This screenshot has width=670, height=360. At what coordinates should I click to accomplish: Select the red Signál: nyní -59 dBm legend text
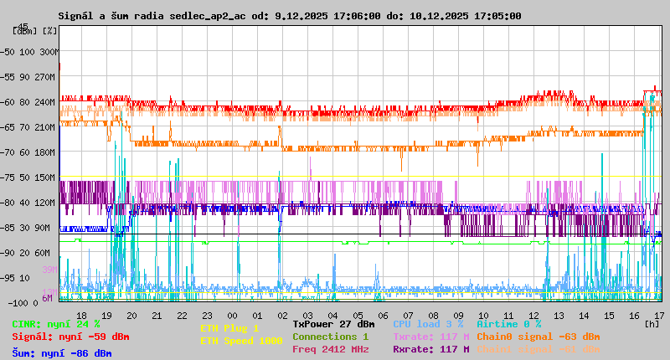pyautogui.click(x=70, y=337)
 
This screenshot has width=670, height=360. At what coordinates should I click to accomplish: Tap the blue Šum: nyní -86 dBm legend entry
pyautogui.click(x=62, y=352)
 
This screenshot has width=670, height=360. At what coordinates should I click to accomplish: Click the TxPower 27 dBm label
pyautogui.click(x=333, y=324)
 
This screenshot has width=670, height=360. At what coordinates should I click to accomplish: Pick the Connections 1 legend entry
pyautogui.click(x=330, y=337)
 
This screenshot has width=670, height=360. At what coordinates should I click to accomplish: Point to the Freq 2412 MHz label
pyautogui.click(x=330, y=349)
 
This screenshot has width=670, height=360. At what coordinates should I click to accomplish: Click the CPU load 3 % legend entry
pyautogui.click(x=428, y=324)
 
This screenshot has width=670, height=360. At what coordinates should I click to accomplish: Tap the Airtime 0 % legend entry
pyautogui.click(x=508, y=324)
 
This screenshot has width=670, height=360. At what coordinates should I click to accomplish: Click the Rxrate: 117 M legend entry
pyautogui.click(x=430, y=349)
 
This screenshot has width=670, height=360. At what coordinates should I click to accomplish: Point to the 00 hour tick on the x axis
pyautogui.click(x=231, y=315)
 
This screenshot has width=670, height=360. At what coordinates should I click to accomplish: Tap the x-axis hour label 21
pyautogui.click(x=156, y=315)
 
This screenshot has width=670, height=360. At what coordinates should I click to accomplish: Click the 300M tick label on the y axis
pyautogui.click(x=49, y=52)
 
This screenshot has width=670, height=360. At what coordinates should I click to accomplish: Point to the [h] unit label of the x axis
pyautogui.click(x=652, y=323)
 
